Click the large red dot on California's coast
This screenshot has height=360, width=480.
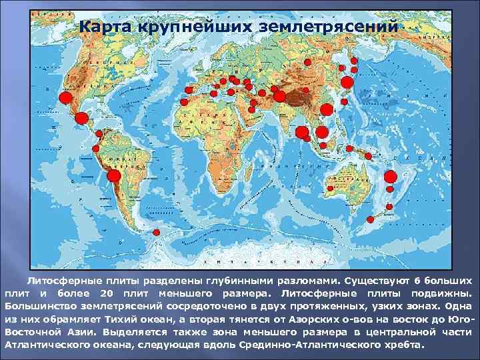tap(65, 97)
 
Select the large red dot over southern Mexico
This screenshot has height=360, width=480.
tap(81, 118)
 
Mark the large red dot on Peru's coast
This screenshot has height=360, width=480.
tap(113, 175)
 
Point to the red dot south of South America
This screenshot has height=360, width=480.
tap(155, 232)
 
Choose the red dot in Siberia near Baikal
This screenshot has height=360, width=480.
tap(307, 61)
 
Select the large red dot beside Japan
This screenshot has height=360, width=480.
tap(347, 82)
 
